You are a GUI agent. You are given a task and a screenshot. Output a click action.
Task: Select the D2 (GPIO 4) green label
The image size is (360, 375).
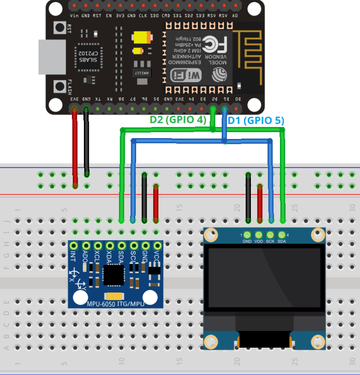177,120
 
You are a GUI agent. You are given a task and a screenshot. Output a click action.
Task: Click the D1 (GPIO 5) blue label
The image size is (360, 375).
256,121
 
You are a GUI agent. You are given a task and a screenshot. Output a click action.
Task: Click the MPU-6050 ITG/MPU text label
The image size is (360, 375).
115,304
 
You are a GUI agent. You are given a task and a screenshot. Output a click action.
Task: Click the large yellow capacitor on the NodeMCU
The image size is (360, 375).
142,38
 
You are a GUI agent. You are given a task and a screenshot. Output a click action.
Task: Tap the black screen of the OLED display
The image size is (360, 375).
264,278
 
